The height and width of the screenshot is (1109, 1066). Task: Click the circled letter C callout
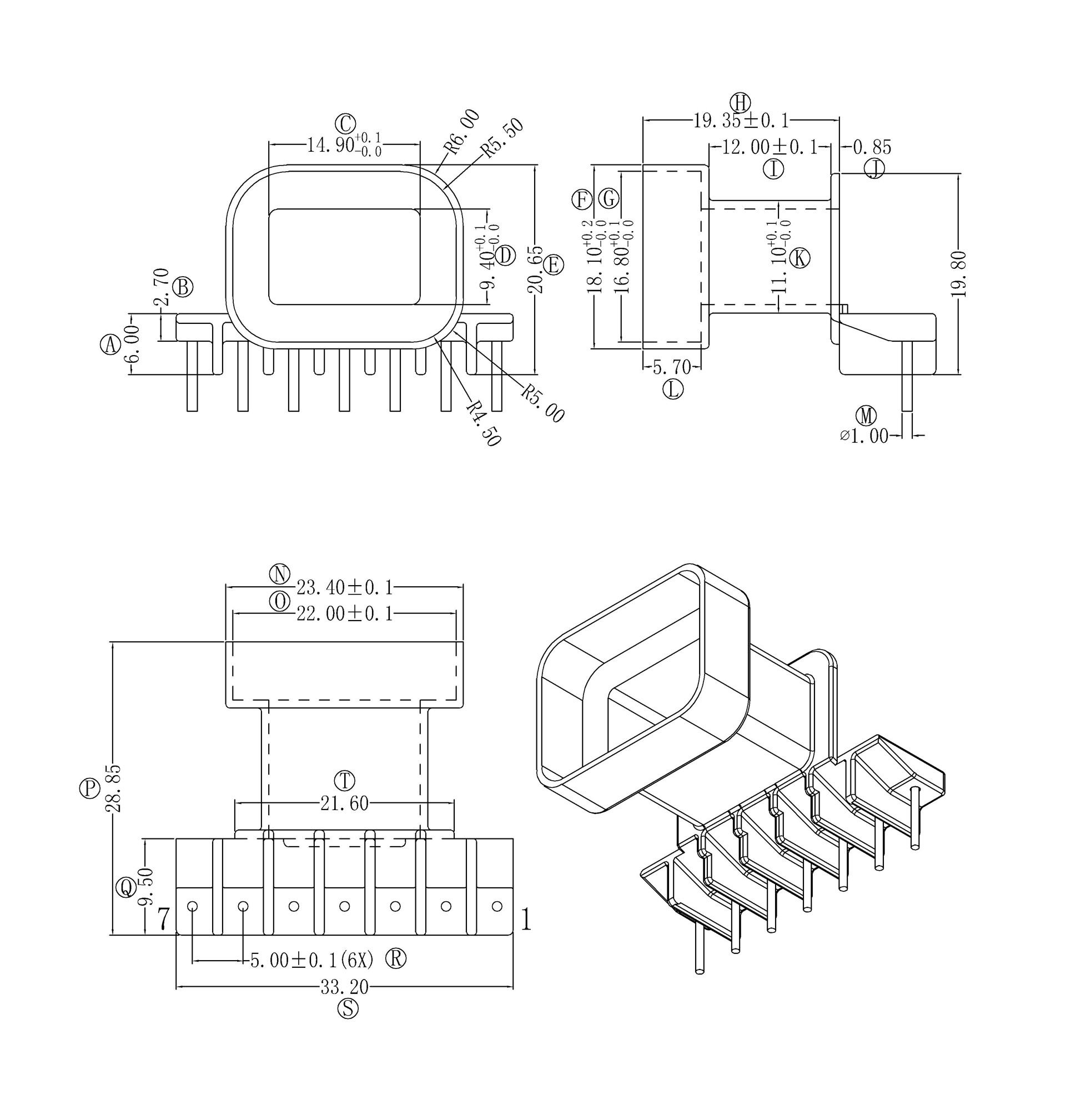345,123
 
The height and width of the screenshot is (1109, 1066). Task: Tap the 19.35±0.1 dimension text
741,121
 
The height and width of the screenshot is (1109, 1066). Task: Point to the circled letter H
740,103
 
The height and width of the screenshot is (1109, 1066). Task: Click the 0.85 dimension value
872,148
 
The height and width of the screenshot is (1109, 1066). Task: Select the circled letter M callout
866,416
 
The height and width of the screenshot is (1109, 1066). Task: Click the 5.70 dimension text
672,368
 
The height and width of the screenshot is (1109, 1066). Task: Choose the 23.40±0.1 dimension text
344,588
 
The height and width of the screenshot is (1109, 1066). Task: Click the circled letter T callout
344,781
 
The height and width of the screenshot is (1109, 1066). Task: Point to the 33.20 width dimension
344,987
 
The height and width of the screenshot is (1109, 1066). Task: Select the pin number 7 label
163,920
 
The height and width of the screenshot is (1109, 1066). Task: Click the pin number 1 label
526,920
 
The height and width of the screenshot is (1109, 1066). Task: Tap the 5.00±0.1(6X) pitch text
312,960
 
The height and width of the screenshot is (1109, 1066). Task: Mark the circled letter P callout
89,788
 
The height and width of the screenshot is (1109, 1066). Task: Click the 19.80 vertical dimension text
958,274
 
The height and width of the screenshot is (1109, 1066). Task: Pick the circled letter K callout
799,258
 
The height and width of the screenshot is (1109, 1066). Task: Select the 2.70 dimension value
161,287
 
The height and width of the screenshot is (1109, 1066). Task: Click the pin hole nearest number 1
497,906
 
